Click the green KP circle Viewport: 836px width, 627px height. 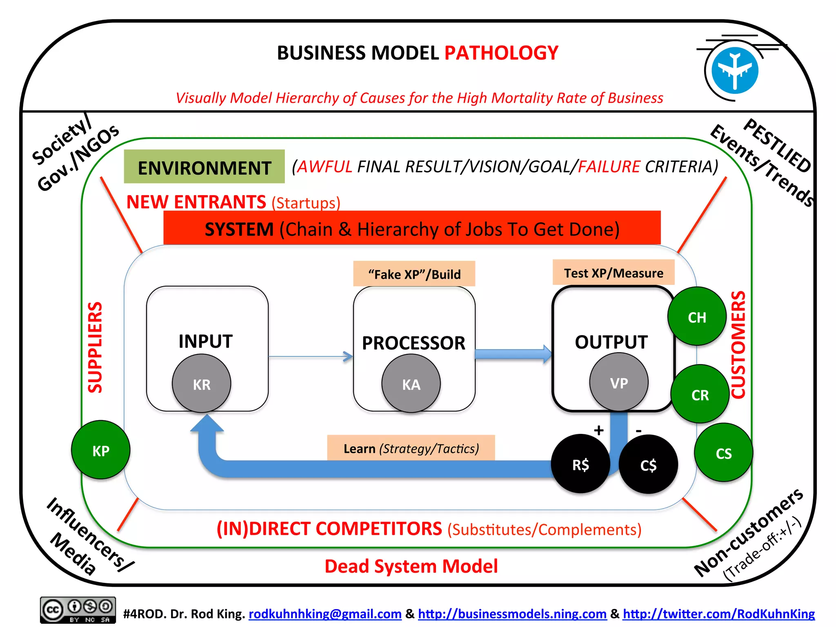tap(100, 450)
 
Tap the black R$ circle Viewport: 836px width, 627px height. tap(580, 464)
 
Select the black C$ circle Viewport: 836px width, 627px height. tap(648, 465)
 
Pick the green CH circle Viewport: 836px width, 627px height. tap(697, 316)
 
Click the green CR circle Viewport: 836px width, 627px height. tap(700, 394)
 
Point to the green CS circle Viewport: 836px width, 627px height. tap(723, 452)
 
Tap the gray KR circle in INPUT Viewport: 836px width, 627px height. tap(202, 383)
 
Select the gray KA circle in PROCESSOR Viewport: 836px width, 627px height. tap(411, 383)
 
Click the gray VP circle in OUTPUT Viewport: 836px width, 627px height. tap(619, 382)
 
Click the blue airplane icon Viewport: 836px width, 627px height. tap(734, 70)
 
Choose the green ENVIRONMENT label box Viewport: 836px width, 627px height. tap(204, 167)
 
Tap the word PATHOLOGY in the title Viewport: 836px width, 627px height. tap(501, 53)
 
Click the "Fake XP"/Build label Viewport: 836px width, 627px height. tap(414, 274)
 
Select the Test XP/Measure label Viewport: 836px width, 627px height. tap(613, 273)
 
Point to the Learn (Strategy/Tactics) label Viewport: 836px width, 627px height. tap(411, 448)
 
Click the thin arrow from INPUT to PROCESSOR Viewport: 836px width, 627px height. tap(310, 356)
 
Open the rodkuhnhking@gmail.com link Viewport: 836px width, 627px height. tap(325, 614)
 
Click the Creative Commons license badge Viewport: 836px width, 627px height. tap(78, 610)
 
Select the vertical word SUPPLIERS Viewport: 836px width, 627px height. tap(95, 347)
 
